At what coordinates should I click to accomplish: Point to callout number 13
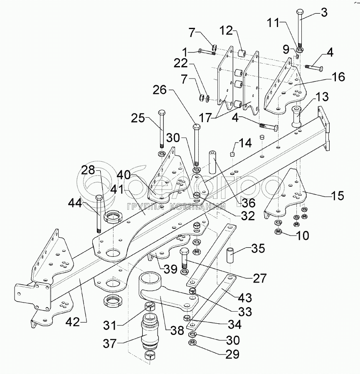coord(322,98)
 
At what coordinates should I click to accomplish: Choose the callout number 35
coord(258,249)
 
